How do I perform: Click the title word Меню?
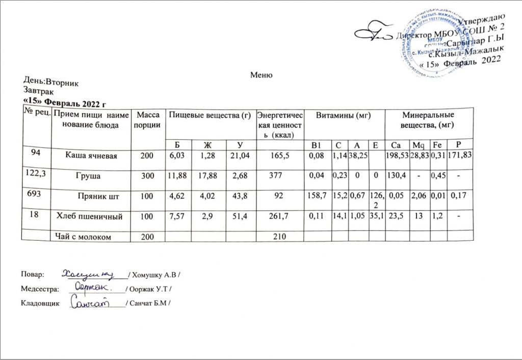261,75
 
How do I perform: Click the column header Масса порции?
147,120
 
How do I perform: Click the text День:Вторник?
51,82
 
